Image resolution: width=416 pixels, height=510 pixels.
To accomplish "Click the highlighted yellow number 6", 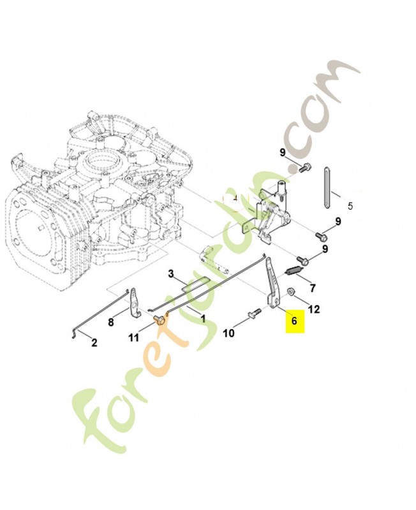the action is click(x=294, y=321).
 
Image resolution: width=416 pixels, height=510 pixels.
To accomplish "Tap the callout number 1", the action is click(x=203, y=317).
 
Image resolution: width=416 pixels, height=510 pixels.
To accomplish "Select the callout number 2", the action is click(x=94, y=343).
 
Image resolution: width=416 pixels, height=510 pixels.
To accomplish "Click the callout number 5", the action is click(x=350, y=207).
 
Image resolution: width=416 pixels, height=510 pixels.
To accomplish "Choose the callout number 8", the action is click(x=110, y=322).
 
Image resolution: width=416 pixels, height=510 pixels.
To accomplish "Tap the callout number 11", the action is click(x=134, y=338).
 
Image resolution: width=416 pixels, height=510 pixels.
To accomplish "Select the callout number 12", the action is click(x=313, y=309).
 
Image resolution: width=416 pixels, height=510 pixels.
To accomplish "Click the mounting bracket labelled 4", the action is click(x=271, y=214).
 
